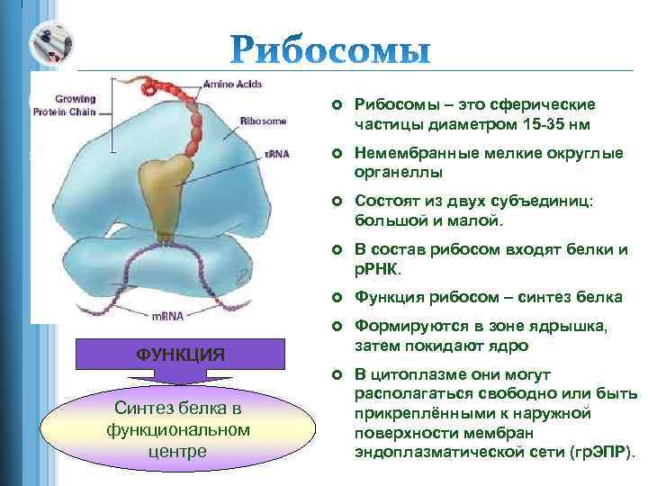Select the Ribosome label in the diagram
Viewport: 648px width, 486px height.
click(263, 118)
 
